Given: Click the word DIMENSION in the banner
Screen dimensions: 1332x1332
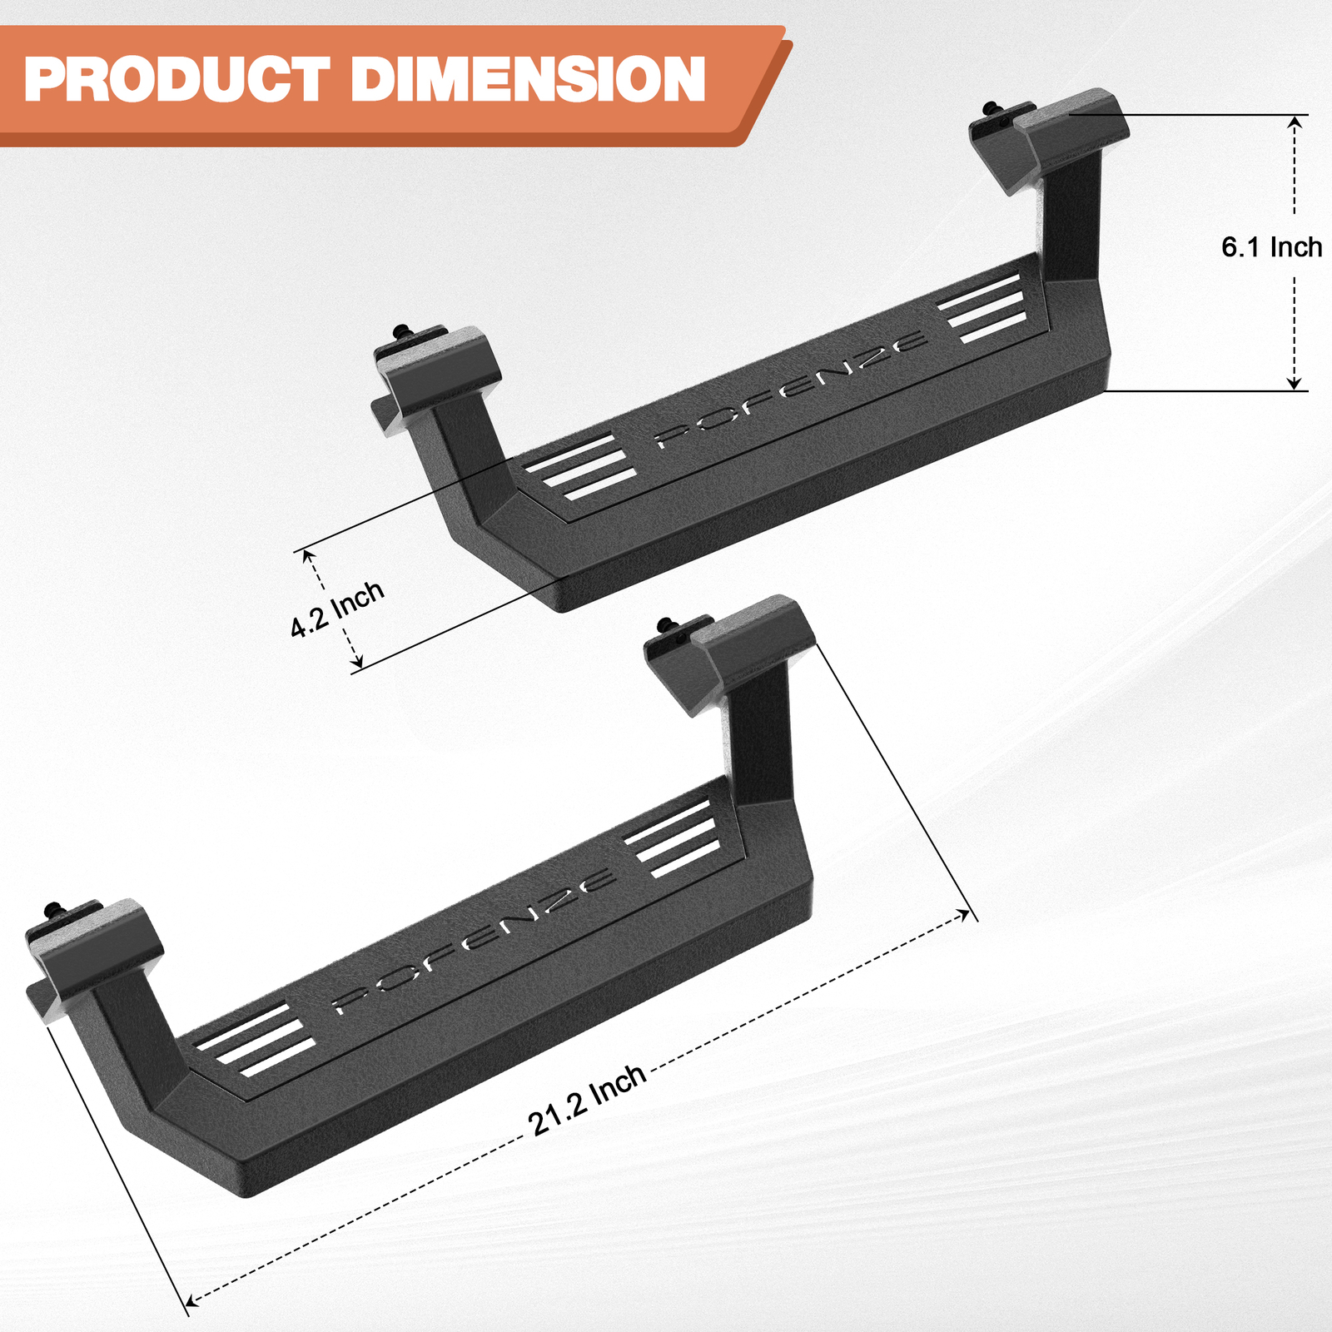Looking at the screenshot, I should (x=528, y=80).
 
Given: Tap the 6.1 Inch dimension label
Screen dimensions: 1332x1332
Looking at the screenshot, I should (x=1271, y=247).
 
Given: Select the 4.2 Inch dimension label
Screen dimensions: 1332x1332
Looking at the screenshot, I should (x=337, y=609).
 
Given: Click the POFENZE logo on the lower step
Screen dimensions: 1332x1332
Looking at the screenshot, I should (x=475, y=942).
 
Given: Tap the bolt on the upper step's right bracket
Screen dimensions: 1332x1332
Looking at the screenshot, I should (x=992, y=109).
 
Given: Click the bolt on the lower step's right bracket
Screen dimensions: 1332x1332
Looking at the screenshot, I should (x=666, y=625).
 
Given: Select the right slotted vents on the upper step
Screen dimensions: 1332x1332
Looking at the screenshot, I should (x=982, y=308).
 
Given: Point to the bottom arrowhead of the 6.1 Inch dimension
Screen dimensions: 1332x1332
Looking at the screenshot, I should (x=1295, y=383).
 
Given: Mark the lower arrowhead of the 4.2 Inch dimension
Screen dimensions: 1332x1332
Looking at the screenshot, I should (x=358, y=664).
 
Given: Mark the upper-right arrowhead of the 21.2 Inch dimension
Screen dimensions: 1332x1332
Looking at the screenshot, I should (x=966, y=915).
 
